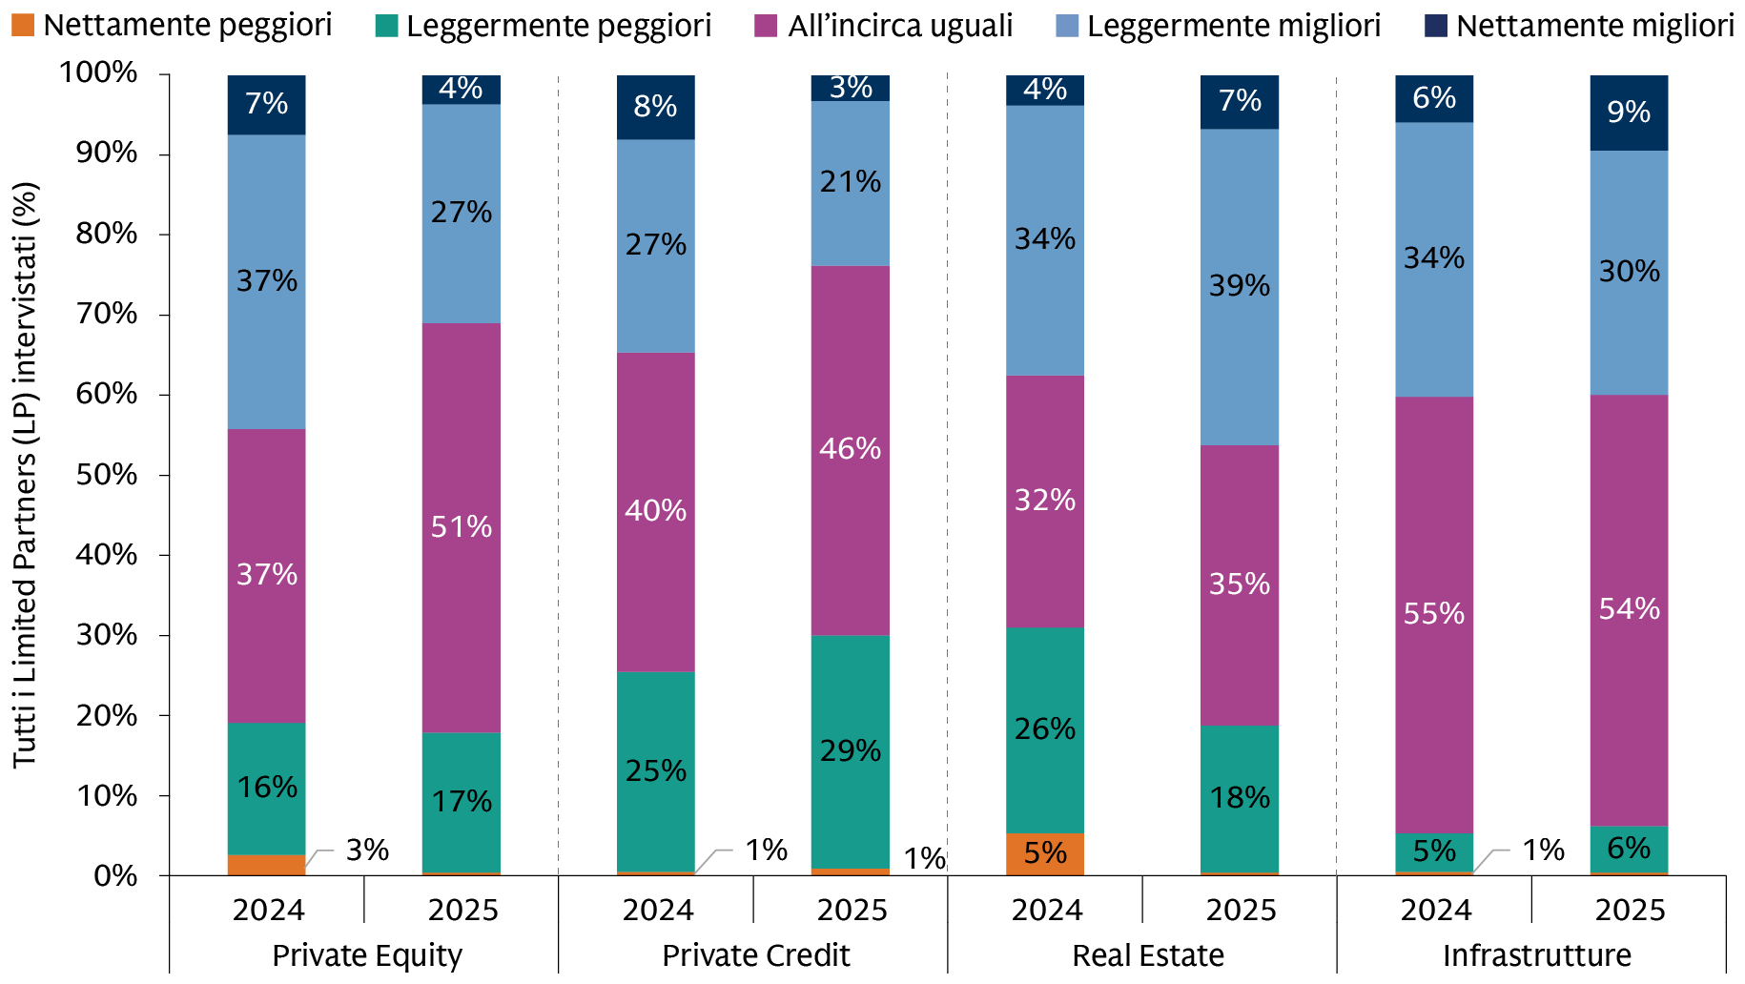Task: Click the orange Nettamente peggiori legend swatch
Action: click(x=22, y=26)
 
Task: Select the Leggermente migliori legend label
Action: click(x=1233, y=26)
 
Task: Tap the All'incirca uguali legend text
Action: click(x=899, y=26)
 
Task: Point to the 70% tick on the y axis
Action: click(x=107, y=314)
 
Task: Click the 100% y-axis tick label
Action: click(x=98, y=72)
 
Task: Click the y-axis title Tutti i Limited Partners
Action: click(x=26, y=475)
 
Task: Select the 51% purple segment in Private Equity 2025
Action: click(x=462, y=527)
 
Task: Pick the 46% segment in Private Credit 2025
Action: click(x=850, y=449)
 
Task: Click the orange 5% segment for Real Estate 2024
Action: click(x=1045, y=853)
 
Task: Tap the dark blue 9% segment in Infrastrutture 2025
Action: click(x=1629, y=113)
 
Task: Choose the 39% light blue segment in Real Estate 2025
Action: click(x=1240, y=286)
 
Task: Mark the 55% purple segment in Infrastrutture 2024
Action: click(x=1434, y=614)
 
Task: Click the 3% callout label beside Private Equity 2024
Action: click(x=367, y=850)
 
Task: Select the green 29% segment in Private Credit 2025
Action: click(x=850, y=751)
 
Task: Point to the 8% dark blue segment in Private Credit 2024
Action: click(x=656, y=107)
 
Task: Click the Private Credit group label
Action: click(x=755, y=955)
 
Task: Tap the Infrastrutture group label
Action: click(x=1535, y=955)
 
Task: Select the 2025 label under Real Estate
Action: click(x=1241, y=911)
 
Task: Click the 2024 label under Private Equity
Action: click(x=268, y=911)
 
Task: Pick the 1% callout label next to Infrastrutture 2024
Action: click(x=1543, y=850)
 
